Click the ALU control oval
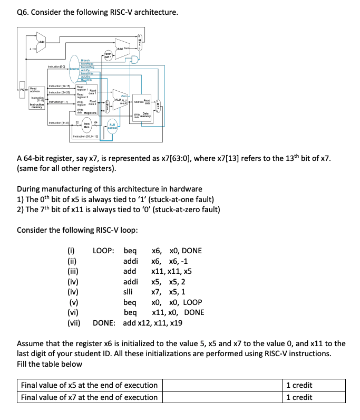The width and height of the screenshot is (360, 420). pos(112,126)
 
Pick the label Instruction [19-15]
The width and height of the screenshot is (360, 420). pos(60,85)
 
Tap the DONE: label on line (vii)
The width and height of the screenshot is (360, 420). pos(105,322)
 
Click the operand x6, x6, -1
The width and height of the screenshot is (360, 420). pos(170,261)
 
